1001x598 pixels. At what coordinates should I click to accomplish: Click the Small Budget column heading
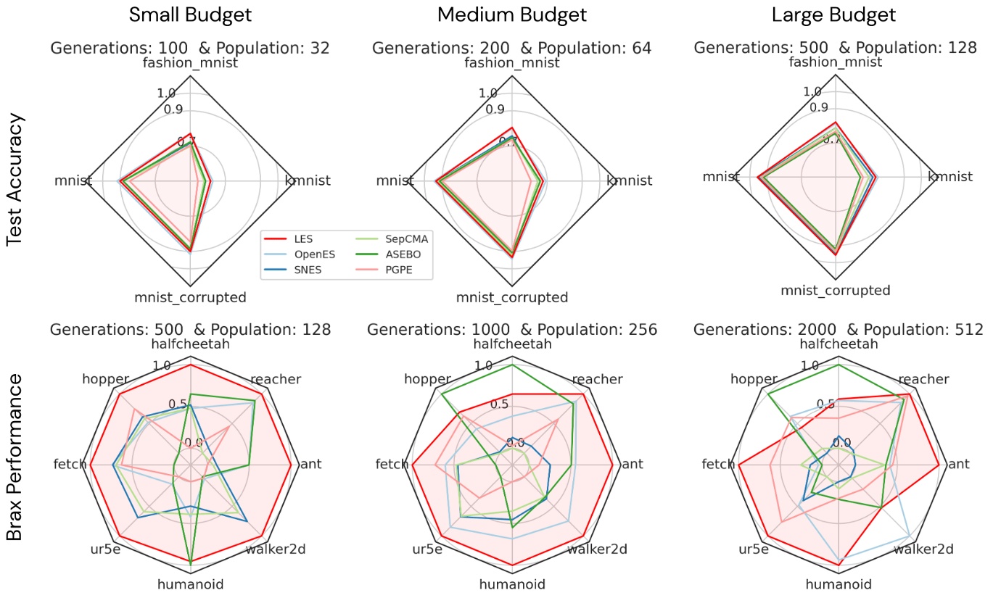(x=190, y=15)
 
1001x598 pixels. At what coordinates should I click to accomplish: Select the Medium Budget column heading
(x=511, y=15)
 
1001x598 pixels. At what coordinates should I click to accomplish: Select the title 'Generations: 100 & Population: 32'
(x=190, y=49)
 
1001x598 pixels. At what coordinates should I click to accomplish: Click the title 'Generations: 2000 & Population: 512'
(x=839, y=329)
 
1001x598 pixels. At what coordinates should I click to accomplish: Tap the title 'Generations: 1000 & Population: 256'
(x=511, y=329)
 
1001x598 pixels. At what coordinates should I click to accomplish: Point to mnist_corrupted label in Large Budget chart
(x=835, y=291)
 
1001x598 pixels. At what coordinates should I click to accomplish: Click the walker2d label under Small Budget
(x=275, y=549)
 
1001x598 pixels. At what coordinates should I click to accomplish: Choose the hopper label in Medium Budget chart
(x=427, y=379)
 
